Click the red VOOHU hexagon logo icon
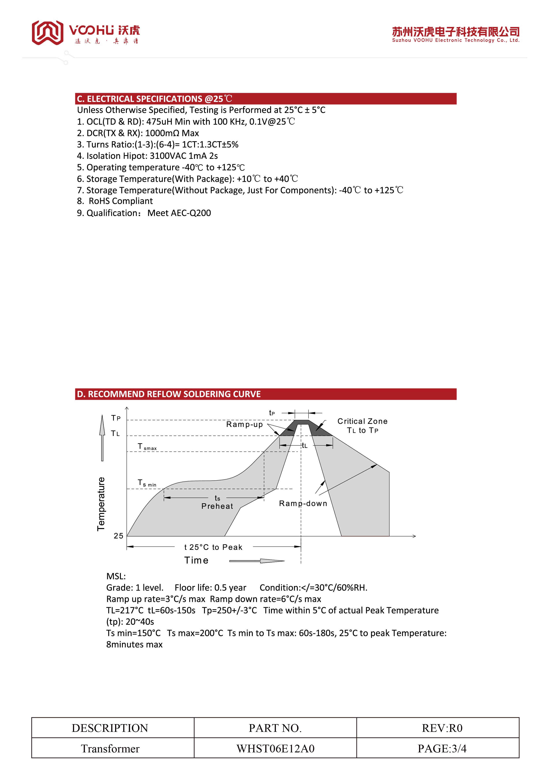coord(47,32)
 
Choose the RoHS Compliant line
coord(120,201)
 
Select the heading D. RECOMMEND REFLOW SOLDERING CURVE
coord(169,394)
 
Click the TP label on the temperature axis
coord(116,418)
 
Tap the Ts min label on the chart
coord(147,483)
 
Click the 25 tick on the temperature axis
coord(118,536)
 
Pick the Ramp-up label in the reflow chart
coord(244,425)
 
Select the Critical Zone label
coord(362,421)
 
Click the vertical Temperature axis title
coord(101,504)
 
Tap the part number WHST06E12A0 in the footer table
coord(275,748)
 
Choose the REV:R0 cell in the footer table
coord(442,728)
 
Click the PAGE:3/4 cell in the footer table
coord(442,748)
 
